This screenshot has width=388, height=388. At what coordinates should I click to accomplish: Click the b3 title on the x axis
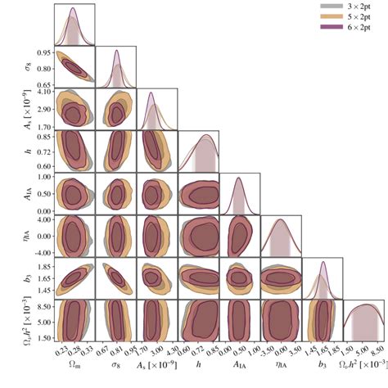click(323, 364)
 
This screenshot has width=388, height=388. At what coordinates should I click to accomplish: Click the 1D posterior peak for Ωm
click(73, 8)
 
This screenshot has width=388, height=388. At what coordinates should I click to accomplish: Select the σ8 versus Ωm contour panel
click(74, 68)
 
